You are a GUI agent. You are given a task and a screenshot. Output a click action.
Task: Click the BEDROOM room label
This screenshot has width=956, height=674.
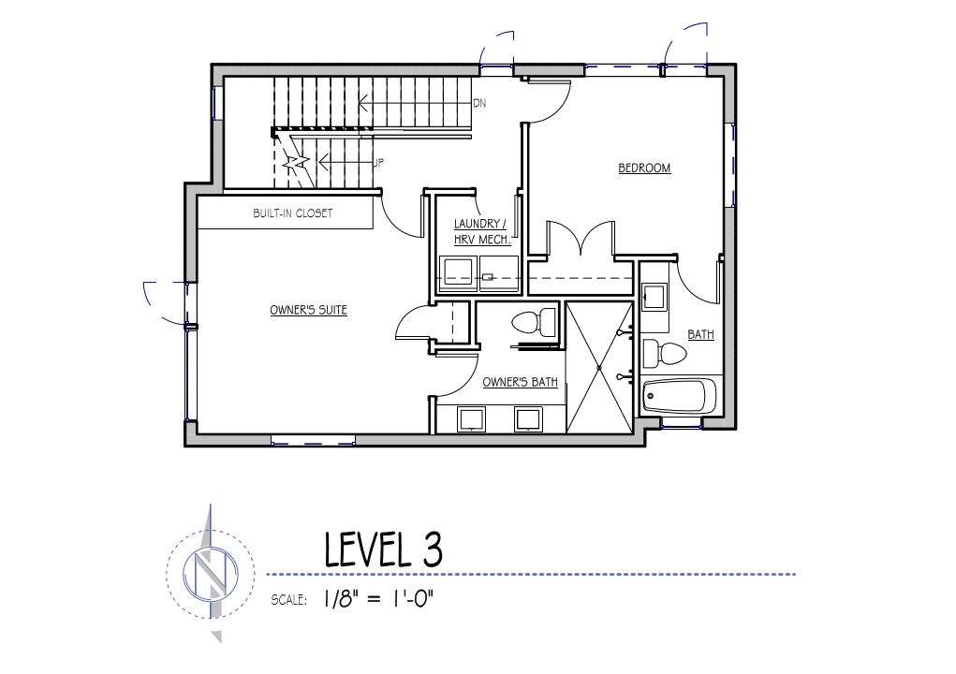click(x=644, y=168)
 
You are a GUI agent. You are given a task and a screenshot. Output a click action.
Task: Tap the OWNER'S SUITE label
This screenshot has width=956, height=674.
click(x=308, y=310)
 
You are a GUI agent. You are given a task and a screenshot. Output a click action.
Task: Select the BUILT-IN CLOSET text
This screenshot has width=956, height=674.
click(x=293, y=213)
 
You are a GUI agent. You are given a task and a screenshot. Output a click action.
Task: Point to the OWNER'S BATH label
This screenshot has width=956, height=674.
click(x=520, y=382)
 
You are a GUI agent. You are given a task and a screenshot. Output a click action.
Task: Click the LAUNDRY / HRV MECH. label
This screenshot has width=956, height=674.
click(x=481, y=231)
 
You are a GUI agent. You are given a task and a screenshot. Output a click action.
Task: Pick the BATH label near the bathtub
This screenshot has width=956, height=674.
click(x=700, y=334)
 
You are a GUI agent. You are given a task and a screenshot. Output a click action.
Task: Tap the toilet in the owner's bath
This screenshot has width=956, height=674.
click(x=533, y=322)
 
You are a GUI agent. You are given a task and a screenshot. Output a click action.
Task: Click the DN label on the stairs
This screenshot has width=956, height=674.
click(x=479, y=104)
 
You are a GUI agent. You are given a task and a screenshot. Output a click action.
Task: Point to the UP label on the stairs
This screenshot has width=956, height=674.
click(x=378, y=163)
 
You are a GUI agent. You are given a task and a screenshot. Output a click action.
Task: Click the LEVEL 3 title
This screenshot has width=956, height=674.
click(x=383, y=549)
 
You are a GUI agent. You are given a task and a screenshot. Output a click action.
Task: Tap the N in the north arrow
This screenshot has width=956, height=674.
click(x=211, y=572)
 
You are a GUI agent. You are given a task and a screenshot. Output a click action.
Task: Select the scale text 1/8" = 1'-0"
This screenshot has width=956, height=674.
click(x=378, y=599)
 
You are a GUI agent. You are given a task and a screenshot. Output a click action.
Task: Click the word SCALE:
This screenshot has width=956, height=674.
click(x=289, y=600)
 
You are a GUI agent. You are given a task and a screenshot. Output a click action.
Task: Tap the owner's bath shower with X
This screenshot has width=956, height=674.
click(x=599, y=368)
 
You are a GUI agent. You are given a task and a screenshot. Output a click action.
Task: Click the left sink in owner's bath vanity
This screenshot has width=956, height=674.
click(x=471, y=420)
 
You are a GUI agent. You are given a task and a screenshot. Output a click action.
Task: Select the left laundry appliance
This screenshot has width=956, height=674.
click(x=458, y=271)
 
